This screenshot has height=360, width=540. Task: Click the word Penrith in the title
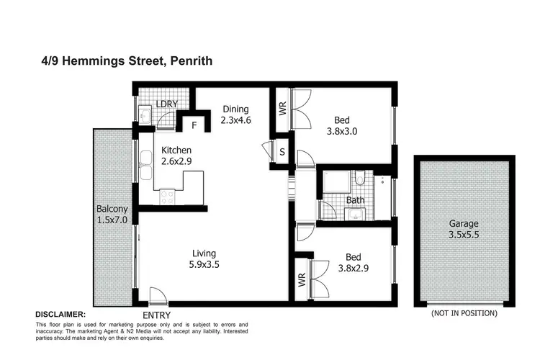(189, 63)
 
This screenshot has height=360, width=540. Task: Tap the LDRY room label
(168, 104)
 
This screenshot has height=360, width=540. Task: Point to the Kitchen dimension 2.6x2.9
(176, 162)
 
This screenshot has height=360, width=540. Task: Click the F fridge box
(194, 125)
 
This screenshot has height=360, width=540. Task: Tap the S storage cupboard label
(282, 152)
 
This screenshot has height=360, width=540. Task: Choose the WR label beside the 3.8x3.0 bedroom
(282, 111)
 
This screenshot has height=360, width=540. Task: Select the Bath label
(355, 199)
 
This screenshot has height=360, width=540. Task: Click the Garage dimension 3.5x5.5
(461, 235)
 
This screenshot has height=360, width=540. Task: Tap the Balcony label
(112, 209)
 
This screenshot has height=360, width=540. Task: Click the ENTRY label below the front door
(158, 315)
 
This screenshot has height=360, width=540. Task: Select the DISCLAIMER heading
(61, 314)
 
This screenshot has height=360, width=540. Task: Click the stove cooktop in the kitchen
(168, 194)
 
